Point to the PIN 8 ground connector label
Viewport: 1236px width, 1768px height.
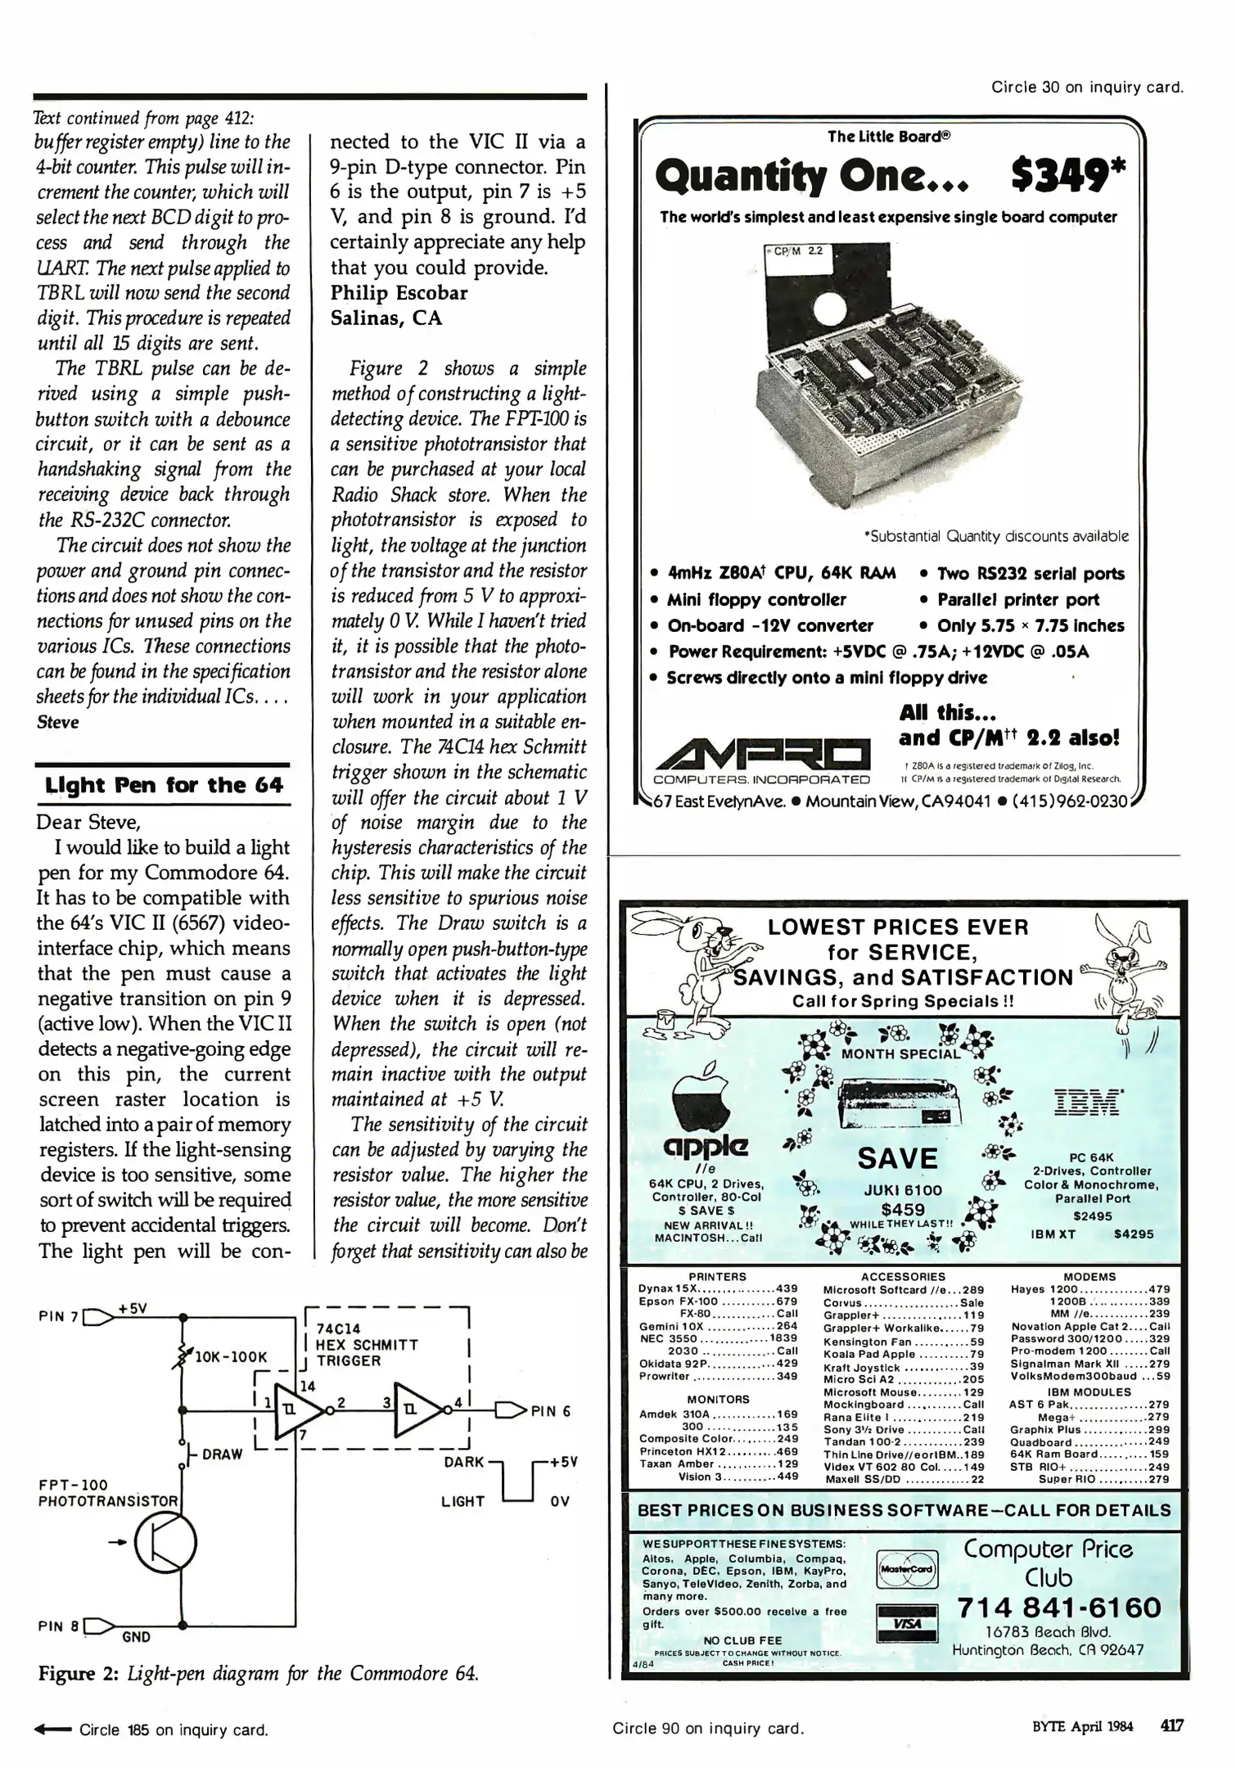click(57, 1626)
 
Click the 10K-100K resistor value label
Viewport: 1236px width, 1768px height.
click(232, 1357)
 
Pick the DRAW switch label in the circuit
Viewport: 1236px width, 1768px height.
click(222, 1454)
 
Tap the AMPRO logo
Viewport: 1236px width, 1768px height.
click(761, 751)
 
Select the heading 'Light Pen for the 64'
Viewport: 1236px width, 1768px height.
click(163, 785)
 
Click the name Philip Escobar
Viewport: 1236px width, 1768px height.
click(399, 293)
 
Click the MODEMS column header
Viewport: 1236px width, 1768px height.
click(1089, 1276)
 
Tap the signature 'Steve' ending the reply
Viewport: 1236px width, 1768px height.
click(58, 723)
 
